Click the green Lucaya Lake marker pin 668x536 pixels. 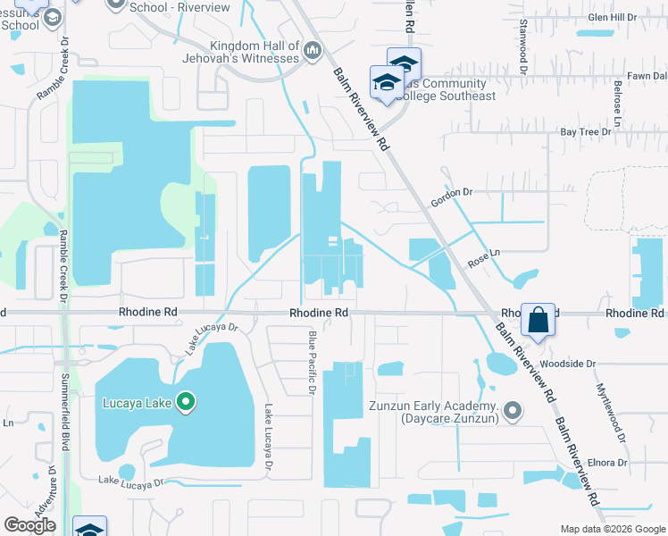coord(186,402)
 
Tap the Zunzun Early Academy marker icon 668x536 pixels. coord(512,412)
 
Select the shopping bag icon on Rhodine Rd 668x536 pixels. coord(539,319)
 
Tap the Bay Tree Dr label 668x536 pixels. coord(585,131)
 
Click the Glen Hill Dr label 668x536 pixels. coord(611,17)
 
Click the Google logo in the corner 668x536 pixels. coord(29,525)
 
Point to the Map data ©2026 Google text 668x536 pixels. coord(612,529)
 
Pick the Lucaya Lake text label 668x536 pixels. coord(136,403)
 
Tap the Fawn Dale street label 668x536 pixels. coord(647,76)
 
